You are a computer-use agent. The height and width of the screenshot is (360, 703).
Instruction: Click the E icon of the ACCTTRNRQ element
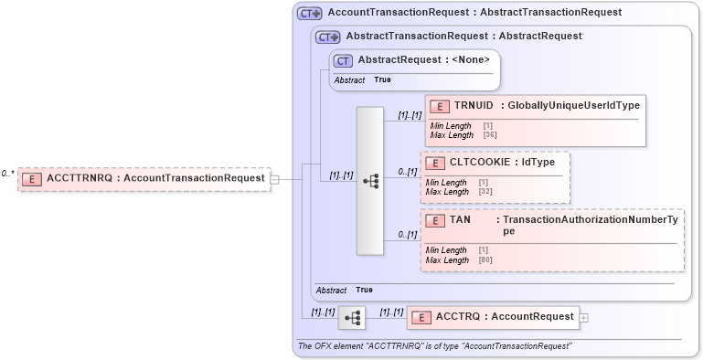[32, 178]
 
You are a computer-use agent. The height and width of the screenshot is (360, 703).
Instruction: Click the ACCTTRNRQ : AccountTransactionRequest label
[155, 178]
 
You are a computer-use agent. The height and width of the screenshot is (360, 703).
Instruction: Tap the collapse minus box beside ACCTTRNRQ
[274, 179]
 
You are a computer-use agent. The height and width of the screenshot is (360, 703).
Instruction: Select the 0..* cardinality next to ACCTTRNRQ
[8, 174]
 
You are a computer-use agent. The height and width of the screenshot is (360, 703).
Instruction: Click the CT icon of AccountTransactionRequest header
[310, 13]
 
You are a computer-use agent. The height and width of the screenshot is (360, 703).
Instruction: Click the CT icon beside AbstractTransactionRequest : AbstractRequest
[328, 37]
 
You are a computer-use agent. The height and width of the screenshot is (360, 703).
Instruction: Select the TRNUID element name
[474, 106]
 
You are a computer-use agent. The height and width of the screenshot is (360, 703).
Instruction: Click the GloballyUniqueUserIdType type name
[572, 106]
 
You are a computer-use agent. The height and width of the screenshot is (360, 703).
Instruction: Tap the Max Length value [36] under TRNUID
[490, 135]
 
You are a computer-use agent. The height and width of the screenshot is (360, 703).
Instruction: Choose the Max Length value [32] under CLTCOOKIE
[485, 192]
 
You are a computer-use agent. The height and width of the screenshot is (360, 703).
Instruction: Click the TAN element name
[460, 220]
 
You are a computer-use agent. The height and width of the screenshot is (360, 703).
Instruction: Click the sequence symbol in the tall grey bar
[370, 181]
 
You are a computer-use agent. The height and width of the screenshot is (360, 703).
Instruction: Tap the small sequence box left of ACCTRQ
[352, 318]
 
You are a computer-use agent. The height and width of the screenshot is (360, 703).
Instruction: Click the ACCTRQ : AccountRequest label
[504, 317]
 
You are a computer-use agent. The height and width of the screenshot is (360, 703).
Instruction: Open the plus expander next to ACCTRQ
[584, 318]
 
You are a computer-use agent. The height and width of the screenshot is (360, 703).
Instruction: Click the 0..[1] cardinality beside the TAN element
[407, 235]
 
